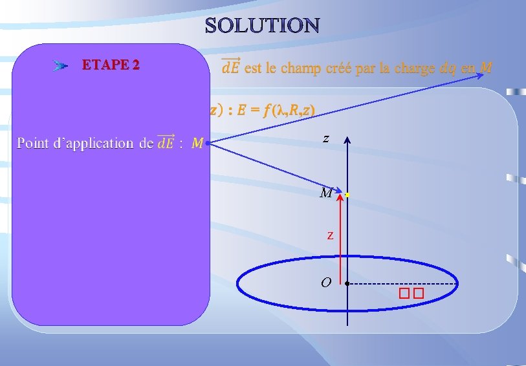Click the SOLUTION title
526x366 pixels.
(x=262, y=25)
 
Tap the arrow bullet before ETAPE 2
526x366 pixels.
(x=61, y=65)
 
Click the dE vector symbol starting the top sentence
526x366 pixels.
(x=230, y=67)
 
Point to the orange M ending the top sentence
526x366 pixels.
(x=487, y=67)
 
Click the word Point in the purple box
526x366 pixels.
(x=36, y=143)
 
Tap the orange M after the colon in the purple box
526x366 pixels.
(x=197, y=143)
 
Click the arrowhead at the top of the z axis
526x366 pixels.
(x=347, y=140)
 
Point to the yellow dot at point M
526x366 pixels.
(x=347, y=194)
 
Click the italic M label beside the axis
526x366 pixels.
(x=326, y=193)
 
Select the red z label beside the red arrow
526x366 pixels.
(x=330, y=235)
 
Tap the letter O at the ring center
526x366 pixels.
(x=326, y=283)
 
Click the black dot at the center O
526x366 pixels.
(x=347, y=284)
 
